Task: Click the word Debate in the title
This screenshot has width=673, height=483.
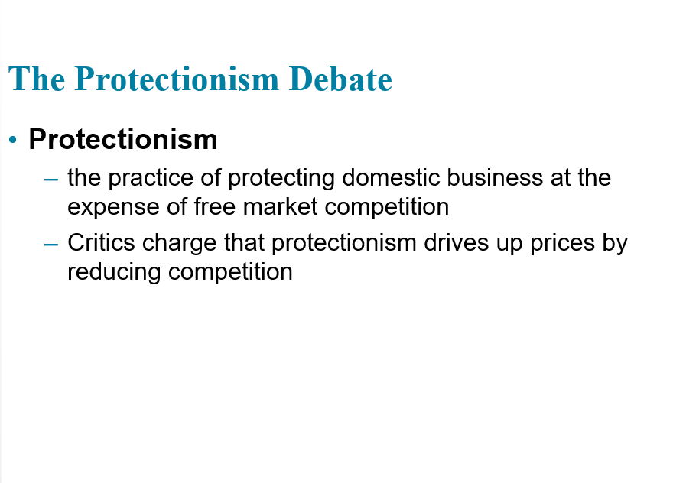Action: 340,79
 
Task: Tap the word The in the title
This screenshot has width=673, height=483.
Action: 37,79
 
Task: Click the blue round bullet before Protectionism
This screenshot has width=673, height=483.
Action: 13,139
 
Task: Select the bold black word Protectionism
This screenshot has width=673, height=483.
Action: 123,139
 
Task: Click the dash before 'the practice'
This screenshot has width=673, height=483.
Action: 51,180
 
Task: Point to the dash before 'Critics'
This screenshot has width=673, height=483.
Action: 51,245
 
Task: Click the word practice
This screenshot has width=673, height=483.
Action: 151,178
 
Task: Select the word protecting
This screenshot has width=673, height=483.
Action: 281,178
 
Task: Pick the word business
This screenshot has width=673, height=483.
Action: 495,177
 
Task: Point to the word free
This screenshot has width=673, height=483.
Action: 215,206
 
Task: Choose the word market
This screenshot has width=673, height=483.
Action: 280,206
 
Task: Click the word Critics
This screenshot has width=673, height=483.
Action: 101,243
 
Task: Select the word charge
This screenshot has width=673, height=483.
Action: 180,244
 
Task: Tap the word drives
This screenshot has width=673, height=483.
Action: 457,243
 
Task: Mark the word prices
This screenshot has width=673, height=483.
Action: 562,244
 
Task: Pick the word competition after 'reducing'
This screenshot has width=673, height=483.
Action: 230,272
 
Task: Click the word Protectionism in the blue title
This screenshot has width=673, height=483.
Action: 177,79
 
